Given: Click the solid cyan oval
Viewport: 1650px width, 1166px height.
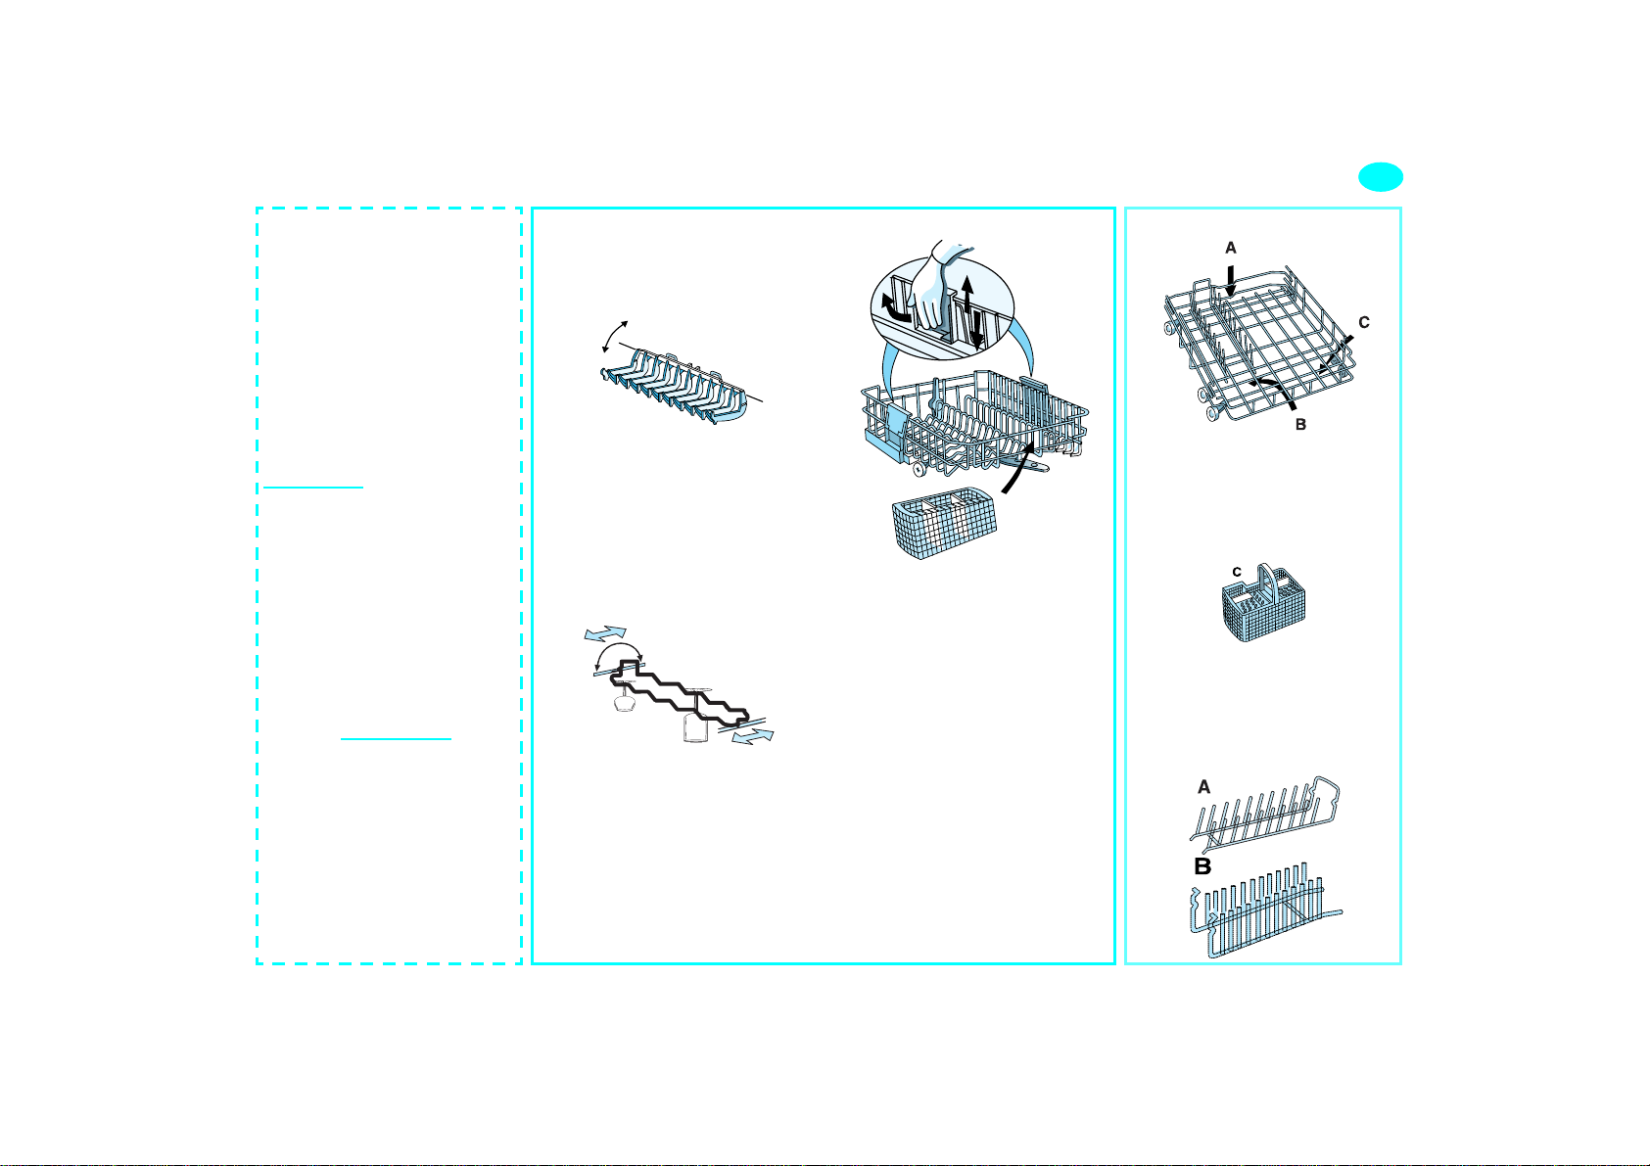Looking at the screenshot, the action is click(x=1381, y=177).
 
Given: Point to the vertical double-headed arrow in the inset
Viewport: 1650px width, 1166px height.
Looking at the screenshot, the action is click(x=971, y=312).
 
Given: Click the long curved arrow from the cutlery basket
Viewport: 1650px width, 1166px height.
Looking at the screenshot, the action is click(x=1019, y=469).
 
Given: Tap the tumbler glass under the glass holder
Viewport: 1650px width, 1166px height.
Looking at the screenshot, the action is click(x=694, y=727).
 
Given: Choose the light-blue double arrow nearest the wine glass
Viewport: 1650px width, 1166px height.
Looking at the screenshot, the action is click(x=605, y=633).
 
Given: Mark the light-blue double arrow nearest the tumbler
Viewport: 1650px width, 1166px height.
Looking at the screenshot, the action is click(x=753, y=736).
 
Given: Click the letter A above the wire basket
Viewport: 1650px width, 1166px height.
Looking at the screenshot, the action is click(x=1230, y=249).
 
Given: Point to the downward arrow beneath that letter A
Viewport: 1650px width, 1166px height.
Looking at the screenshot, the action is click(x=1230, y=281).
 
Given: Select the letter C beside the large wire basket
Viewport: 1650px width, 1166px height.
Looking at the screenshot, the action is click(x=1363, y=323).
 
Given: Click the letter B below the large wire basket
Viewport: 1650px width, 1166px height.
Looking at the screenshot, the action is click(x=1300, y=425).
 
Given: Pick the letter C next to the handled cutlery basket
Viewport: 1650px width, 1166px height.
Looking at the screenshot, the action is click(x=1237, y=572).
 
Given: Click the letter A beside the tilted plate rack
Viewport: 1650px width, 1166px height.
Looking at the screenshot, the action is click(x=1203, y=787).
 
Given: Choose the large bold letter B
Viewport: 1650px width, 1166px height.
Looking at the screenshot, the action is click(x=1202, y=866).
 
